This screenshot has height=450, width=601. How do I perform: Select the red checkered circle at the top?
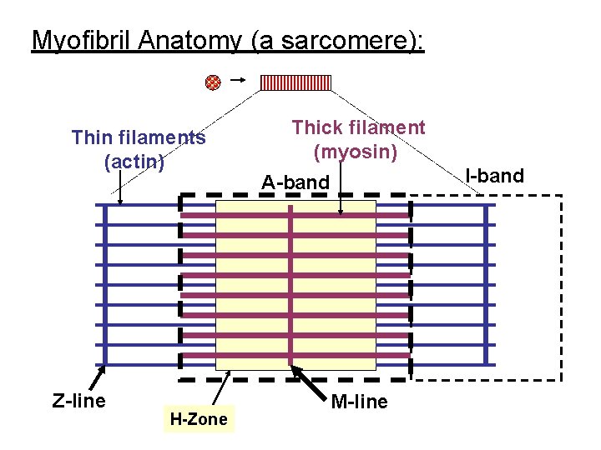(x=213, y=82)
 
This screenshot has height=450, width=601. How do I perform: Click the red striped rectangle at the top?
(x=295, y=82)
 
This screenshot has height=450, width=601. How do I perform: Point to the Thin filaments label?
(x=139, y=137)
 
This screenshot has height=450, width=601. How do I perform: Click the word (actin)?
(x=134, y=161)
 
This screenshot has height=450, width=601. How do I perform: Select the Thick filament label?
(x=358, y=127)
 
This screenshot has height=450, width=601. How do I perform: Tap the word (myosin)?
(x=355, y=152)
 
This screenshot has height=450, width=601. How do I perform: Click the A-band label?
(x=295, y=182)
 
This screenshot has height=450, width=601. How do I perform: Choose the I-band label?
(x=495, y=175)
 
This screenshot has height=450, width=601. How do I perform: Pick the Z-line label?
(x=78, y=401)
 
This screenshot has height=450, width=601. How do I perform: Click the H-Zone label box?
(x=198, y=418)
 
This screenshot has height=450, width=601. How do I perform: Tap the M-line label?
(x=359, y=402)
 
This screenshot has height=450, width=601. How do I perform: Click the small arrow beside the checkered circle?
(x=236, y=80)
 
